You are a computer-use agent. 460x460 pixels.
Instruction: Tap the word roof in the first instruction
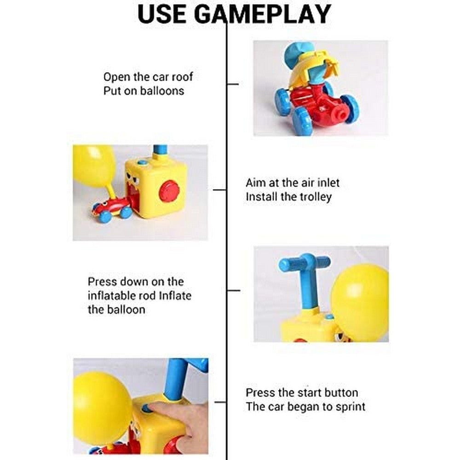coord(180,77)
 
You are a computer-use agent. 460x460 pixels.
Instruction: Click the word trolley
coord(313,196)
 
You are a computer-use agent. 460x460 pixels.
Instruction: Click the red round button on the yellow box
coord(169,190)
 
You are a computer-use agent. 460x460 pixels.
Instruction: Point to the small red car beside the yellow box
coord(112,209)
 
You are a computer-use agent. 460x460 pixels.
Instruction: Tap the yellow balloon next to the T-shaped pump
coord(359,302)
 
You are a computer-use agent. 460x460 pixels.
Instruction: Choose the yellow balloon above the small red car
coord(94,166)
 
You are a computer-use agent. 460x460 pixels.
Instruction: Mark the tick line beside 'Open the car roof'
coord(233,84)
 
